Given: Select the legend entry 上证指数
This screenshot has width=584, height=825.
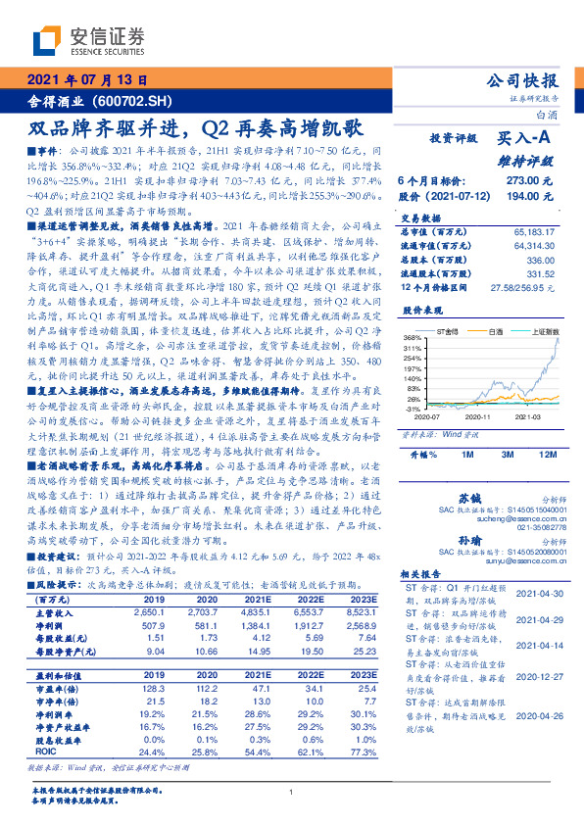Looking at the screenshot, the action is tap(543, 331).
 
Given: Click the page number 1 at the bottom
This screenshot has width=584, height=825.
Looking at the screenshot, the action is tap(291, 792).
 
